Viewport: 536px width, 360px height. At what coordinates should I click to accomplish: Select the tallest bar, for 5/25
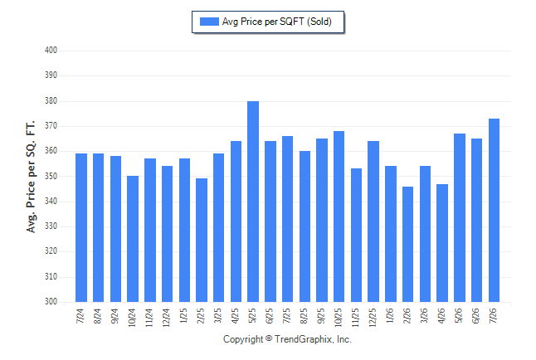click(253, 202)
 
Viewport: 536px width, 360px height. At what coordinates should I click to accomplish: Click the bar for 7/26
click(494, 210)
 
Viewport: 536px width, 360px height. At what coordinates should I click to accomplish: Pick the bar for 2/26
click(408, 244)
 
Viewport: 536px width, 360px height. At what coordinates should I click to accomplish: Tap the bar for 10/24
click(133, 239)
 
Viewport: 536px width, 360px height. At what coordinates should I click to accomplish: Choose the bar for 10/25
click(339, 216)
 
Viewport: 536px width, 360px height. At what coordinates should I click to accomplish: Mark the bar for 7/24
click(81, 227)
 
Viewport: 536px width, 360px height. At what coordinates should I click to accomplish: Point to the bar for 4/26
click(442, 243)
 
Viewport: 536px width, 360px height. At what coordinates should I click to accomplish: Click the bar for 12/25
click(373, 221)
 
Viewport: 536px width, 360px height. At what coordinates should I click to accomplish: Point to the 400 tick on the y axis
click(51, 51)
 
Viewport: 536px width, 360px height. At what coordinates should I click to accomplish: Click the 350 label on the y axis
click(51, 177)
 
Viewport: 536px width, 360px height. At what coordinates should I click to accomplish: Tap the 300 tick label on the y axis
click(51, 302)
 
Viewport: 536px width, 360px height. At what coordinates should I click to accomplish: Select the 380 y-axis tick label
click(51, 101)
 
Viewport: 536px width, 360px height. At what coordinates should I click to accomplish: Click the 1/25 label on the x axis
click(183, 315)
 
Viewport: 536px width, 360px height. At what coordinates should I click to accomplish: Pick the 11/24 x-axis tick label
click(149, 318)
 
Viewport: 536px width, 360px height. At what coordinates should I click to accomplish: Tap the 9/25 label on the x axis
click(321, 315)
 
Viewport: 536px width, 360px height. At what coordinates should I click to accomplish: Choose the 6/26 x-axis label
click(476, 315)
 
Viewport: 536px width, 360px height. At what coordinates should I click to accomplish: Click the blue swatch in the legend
click(209, 22)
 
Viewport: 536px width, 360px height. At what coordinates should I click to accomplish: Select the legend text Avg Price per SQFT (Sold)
click(277, 22)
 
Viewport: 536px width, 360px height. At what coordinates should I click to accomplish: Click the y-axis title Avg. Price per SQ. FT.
click(31, 177)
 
